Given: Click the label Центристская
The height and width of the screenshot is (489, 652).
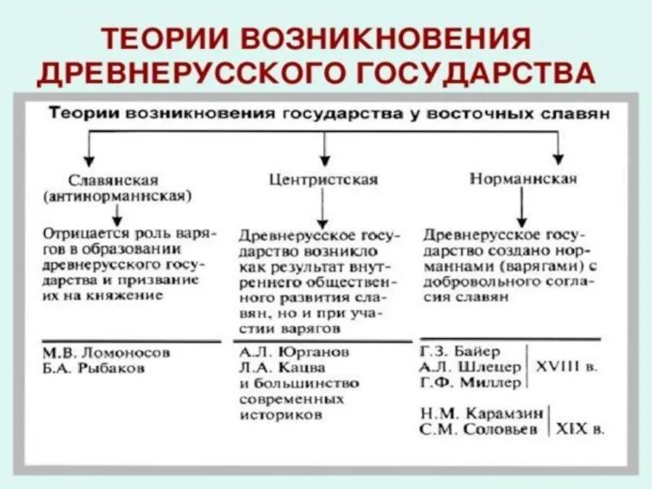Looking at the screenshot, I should pos(324,179).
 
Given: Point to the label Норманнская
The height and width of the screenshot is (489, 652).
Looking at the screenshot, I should pos(513,178).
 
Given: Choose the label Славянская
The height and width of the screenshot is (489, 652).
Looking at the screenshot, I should pos(114,179).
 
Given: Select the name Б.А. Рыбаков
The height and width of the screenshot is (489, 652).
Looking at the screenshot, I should pos(95,368).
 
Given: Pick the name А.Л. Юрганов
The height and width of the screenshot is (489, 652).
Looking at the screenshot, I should pos(294,353).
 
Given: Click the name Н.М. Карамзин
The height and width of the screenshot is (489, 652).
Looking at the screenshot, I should pos(481,413).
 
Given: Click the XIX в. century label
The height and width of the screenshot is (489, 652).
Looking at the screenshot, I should pos(580,429).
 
